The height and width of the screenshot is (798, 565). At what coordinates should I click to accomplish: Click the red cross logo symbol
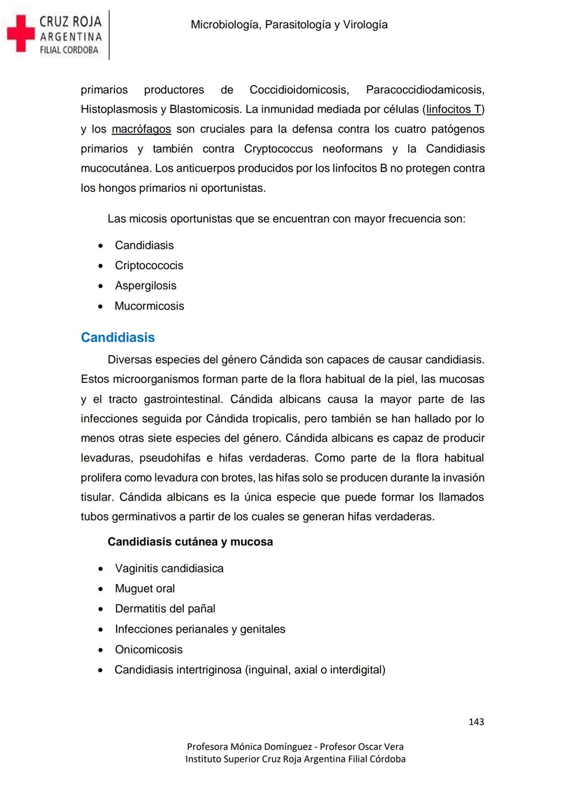pyautogui.click(x=20, y=33)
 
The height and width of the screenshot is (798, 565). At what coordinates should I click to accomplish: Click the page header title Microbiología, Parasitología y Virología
pyautogui.click(x=289, y=25)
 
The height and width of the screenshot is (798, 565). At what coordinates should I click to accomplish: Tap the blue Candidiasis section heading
pyautogui.click(x=118, y=337)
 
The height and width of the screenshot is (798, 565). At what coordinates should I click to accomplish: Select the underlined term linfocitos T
pyautogui.click(x=454, y=109)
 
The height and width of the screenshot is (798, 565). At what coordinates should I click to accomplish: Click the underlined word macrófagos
pyautogui.click(x=141, y=129)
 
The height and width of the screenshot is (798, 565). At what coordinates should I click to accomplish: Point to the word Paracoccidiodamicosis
pyautogui.click(x=425, y=90)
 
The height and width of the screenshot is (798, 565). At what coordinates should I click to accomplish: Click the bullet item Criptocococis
pyautogui.click(x=149, y=266)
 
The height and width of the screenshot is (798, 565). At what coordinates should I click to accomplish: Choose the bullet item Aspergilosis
pyautogui.click(x=145, y=286)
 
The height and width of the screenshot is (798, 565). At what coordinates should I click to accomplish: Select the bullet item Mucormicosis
pyautogui.click(x=149, y=306)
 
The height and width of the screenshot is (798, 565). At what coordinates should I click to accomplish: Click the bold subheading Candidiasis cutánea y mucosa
pyautogui.click(x=190, y=542)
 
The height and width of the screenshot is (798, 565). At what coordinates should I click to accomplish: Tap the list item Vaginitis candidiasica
pyautogui.click(x=169, y=568)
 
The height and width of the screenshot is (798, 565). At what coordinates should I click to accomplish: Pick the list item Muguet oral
pyautogui.click(x=145, y=589)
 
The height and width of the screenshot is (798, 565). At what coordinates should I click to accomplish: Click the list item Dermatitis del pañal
pyautogui.click(x=165, y=609)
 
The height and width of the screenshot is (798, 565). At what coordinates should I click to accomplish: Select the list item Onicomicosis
pyautogui.click(x=149, y=649)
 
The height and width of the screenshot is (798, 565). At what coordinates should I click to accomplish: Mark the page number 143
pyautogui.click(x=476, y=722)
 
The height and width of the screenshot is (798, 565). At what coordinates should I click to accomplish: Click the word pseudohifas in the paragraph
pyautogui.click(x=169, y=458)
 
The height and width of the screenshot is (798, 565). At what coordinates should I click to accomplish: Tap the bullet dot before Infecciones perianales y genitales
pyautogui.click(x=100, y=630)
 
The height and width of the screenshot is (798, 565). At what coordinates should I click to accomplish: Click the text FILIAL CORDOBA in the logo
pyautogui.click(x=69, y=50)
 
